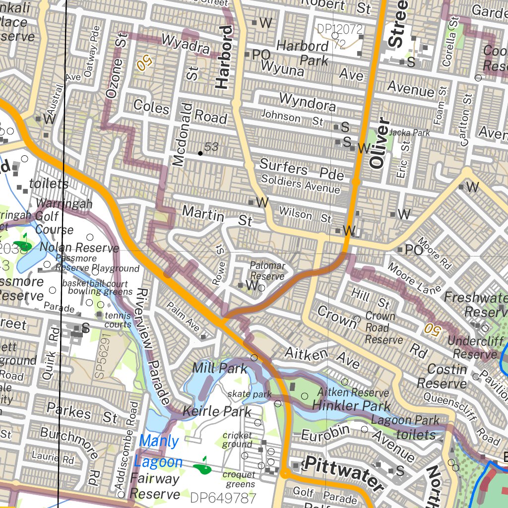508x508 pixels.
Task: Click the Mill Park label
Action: (x=219, y=368)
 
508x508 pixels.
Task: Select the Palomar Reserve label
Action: (x=267, y=271)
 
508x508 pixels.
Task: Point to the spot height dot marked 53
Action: (x=200, y=153)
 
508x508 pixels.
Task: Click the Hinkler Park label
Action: (x=351, y=406)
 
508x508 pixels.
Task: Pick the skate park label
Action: (x=250, y=394)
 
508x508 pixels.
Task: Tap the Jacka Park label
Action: (x=409, y=132)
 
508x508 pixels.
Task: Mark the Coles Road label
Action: (x=180, y=111)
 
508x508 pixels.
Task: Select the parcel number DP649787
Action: (x=223, y=498)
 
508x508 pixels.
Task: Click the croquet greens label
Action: (x=239, y=479)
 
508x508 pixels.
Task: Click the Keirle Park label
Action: (x=214, y=411)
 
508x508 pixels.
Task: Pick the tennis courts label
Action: (x=118, y=320)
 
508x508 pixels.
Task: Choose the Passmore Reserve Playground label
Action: (x=97, y=263)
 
